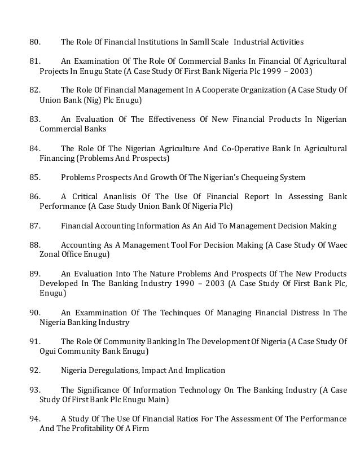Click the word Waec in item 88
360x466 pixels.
(337, 244)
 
